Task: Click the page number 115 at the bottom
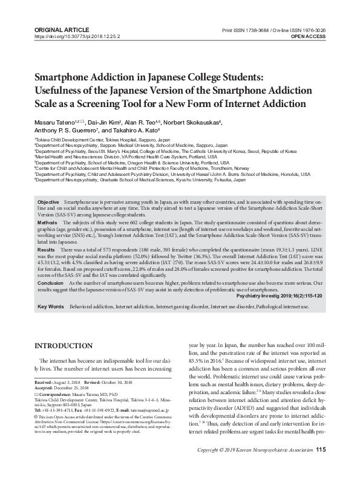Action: tap(321, 466)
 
